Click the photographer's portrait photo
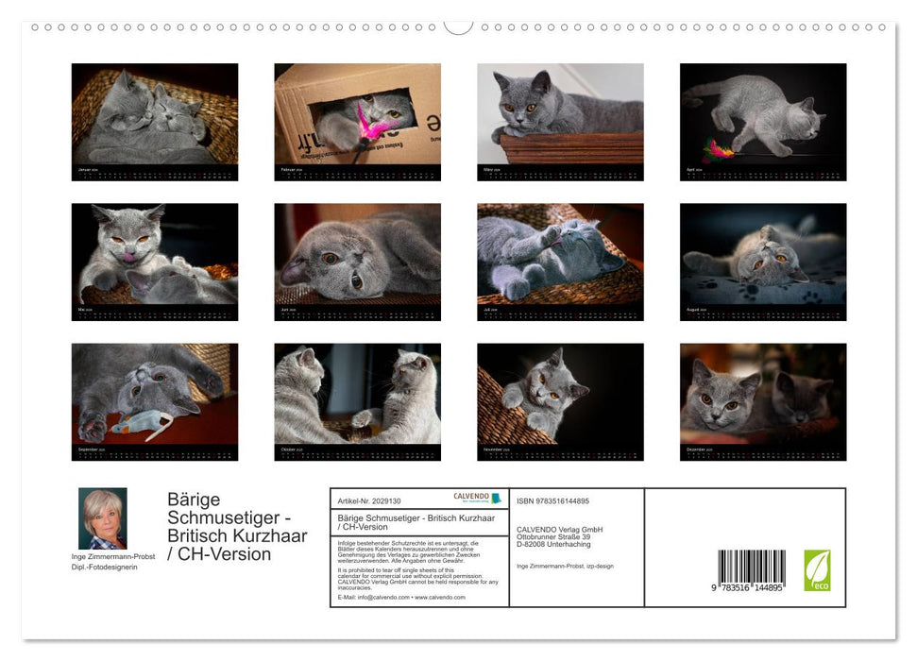coord(102,518)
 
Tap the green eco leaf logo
coord(817,570)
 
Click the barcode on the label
coord(751,570)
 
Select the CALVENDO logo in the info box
coord(477,498)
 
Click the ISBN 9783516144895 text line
coord(552,500)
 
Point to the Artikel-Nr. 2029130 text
coord(369,500)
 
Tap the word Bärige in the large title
coord(194,499)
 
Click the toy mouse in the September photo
coord(141,425)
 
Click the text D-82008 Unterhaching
coord(553,544)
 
